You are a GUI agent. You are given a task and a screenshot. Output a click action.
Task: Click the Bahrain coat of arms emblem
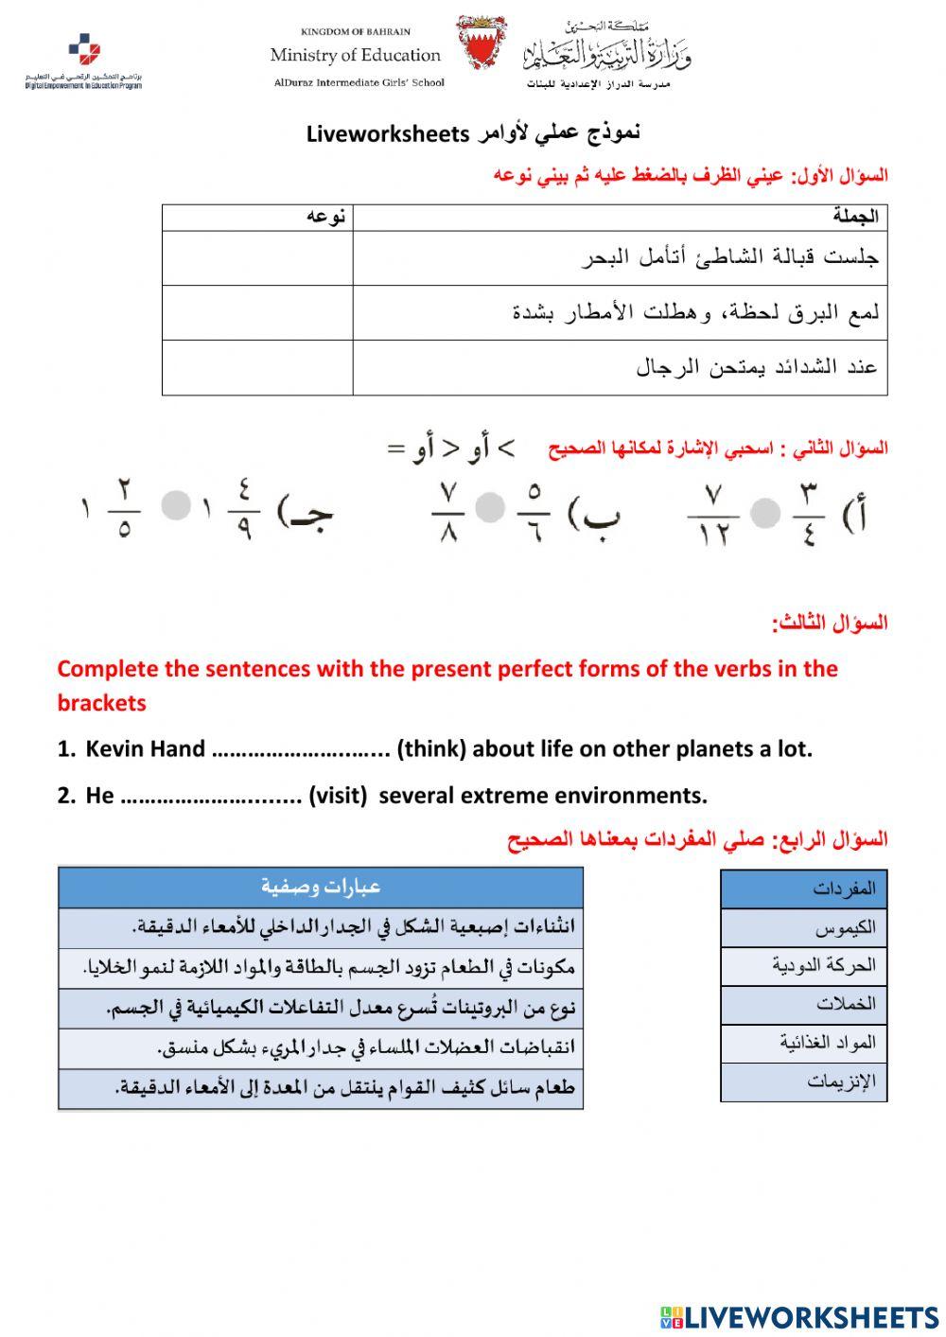point(482,44)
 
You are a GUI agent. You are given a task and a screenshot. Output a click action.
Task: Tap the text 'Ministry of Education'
point(355,56)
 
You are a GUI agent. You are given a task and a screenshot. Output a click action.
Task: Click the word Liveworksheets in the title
point(388,133)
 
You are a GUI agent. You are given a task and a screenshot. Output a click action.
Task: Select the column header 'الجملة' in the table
point(855,217)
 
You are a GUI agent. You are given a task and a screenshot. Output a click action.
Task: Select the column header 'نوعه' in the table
point(325,217)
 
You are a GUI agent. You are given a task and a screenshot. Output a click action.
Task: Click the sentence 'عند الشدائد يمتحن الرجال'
point(757,367)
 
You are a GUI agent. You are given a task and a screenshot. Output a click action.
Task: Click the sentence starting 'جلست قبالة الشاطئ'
point(729,257)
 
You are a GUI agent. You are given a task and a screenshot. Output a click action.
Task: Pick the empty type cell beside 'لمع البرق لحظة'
point(257,312)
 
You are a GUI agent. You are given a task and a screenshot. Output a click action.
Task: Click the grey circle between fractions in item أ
point(764,513)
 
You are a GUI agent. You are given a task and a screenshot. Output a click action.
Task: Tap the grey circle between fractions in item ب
point(490,508)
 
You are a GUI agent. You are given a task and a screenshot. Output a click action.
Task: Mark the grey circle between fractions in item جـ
point(176,505)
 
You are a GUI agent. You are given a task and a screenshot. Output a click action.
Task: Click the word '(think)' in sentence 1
point(431,749)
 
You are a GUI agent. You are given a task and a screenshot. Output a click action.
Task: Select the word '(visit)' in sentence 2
point(338,796)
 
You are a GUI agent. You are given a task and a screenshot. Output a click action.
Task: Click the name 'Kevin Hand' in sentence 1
point(145,749)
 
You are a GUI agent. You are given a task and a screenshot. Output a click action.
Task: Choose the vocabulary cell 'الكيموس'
point(803,928)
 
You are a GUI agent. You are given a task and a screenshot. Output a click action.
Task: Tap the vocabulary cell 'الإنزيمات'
point(803,1082)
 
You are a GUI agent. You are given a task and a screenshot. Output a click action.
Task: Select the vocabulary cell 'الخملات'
point(803,1004)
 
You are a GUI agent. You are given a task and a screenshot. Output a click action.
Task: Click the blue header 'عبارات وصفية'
point(321,888)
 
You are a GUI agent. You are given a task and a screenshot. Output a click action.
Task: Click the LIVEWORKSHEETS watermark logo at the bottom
point(799,1316)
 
